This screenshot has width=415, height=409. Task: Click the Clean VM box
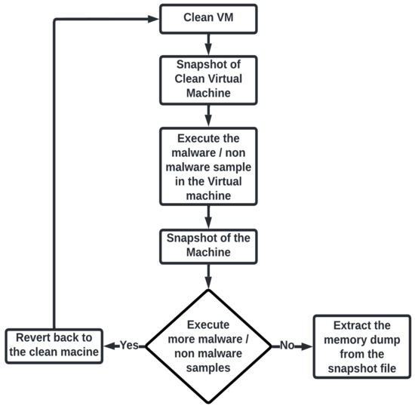pos(208,17)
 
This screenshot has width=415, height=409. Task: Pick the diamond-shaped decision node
pos(207,344)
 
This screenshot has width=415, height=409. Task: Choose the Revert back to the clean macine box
pos(54,345)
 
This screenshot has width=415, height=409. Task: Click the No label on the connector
pos(287,346)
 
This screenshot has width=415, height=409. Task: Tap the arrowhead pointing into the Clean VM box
pos(154,17)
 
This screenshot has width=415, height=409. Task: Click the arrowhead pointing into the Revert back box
pos(107,346)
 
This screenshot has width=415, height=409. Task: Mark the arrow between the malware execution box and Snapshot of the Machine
pos(207,217)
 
